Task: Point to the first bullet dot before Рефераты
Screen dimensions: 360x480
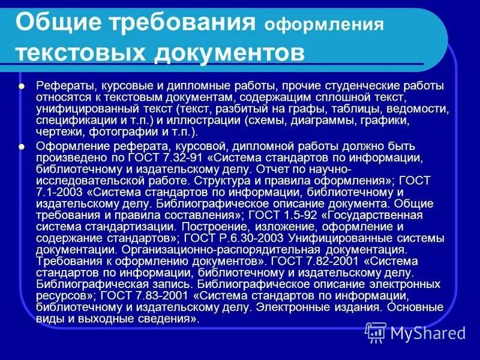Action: (22, 86)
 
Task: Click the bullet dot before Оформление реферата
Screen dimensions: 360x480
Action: (22, 146)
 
